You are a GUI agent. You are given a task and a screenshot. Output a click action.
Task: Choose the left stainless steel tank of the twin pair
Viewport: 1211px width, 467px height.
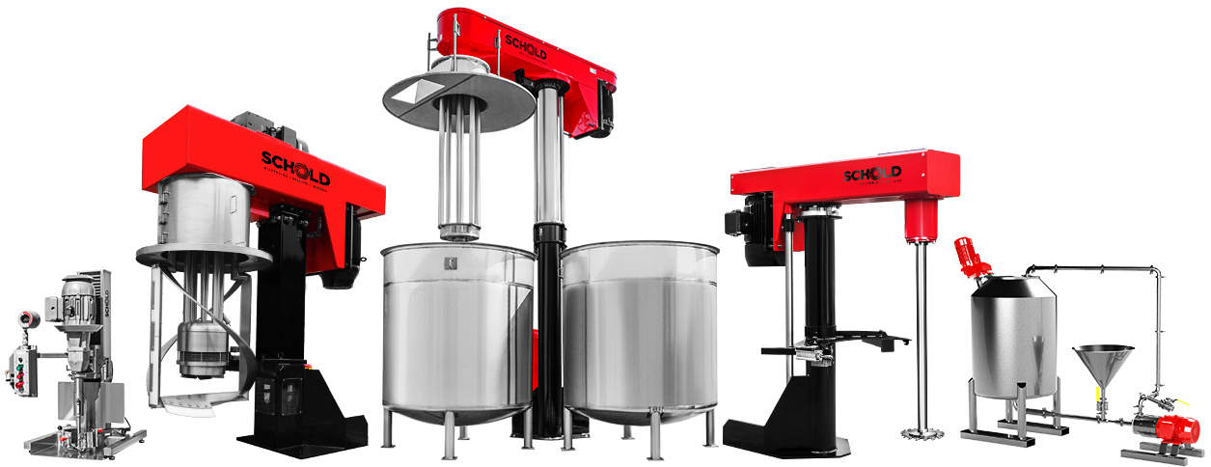(458, 328)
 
